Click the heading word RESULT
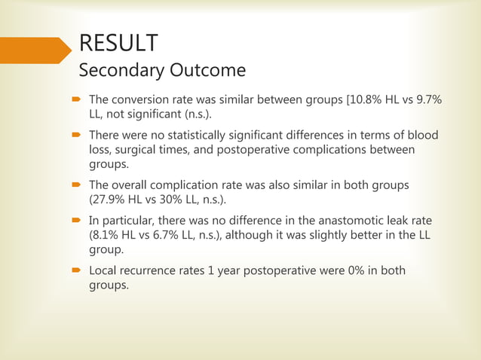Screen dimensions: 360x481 (x=118, y=43)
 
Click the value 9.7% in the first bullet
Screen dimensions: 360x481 (x=427, y=99)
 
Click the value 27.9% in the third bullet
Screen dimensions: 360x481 (x=110, y=200)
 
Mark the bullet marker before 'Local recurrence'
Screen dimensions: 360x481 (x=78, y=271)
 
